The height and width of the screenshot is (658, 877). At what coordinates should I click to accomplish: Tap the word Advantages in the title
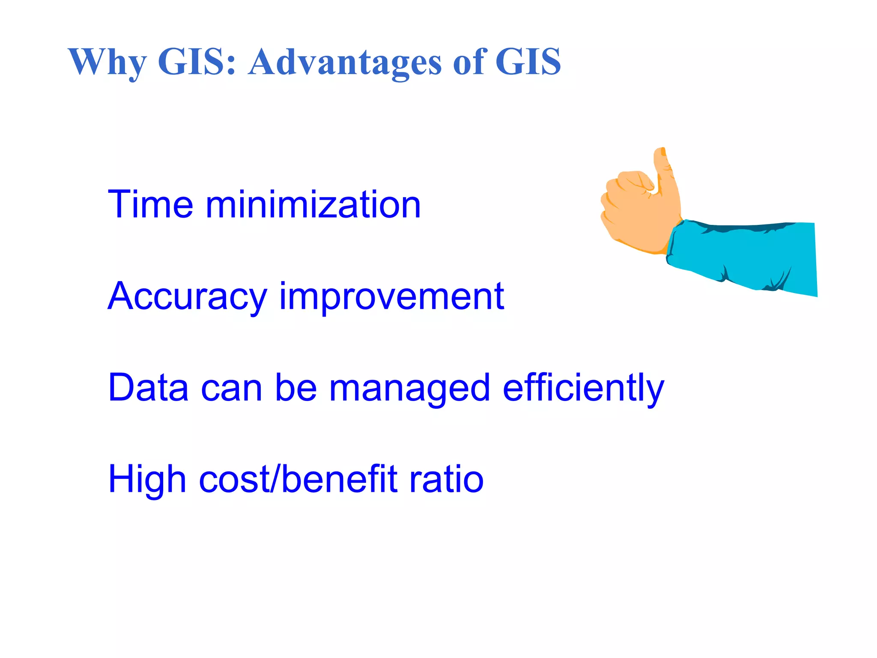(345, 62)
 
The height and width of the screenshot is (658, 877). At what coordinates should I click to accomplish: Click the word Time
(150, 204)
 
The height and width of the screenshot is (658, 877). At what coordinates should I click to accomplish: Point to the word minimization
(313, 204)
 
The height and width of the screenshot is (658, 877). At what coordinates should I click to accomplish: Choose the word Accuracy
(187, 296)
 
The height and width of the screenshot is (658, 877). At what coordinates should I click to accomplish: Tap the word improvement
(391, 296)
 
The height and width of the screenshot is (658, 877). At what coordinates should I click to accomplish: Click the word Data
(148, 387)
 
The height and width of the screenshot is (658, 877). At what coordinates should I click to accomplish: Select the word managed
(409, 388)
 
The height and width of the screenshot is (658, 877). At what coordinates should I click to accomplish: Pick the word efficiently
(583, 387)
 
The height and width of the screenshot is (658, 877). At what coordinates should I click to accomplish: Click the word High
(147, 479)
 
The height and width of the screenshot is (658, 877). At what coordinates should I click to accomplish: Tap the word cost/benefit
(298, 479)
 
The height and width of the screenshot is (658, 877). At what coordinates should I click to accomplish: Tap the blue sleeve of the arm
(745, 257)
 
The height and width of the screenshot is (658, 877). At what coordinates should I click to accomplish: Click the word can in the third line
(231, 388)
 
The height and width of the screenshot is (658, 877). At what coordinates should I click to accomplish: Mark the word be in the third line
(295, 387)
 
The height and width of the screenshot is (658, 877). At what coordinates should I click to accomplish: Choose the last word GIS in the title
(528, 62)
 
